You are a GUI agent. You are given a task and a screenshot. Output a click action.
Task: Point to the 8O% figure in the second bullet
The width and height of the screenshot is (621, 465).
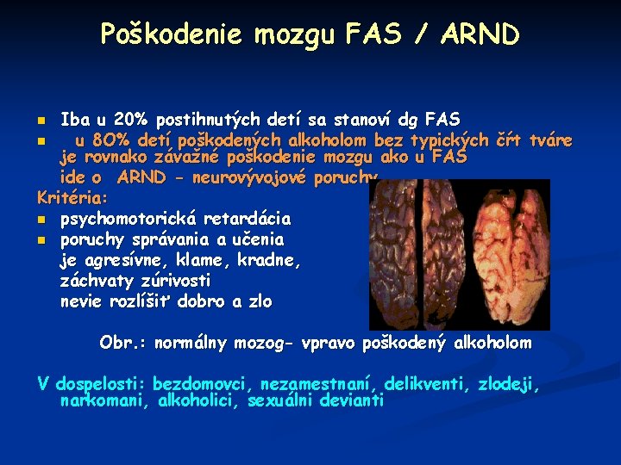(110, 140)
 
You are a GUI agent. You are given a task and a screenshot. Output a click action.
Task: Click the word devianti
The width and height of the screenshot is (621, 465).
(352, 401)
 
